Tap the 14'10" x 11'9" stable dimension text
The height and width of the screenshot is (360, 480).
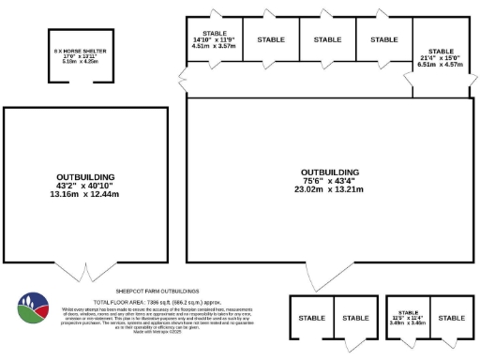214,38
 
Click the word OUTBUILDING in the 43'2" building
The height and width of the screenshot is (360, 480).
85,176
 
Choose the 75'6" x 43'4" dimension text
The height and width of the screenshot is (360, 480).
329,180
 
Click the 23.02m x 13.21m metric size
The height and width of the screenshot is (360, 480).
329,188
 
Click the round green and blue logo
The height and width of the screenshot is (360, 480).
36,310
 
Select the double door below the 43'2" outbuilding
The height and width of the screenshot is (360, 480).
86,273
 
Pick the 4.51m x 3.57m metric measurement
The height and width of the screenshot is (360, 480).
214,44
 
